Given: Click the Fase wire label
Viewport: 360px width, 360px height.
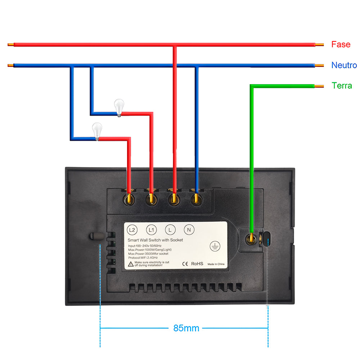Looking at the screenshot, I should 341,45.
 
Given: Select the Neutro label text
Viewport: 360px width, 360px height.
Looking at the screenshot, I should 344,65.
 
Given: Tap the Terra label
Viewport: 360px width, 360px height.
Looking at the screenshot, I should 342,86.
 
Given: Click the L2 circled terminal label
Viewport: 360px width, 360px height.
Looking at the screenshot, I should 132,230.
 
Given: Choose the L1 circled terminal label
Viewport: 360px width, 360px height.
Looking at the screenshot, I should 151,230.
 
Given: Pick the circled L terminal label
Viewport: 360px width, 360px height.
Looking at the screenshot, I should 170,230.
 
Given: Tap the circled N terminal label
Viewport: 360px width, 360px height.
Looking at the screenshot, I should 189,230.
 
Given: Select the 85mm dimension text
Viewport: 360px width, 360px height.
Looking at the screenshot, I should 186,328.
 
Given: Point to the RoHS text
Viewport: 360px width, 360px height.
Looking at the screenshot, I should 197,264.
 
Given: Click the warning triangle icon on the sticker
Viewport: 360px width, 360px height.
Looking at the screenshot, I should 130,264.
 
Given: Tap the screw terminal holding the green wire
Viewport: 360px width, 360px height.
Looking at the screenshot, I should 251,238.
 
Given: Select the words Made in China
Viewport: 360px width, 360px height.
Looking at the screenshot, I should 216,264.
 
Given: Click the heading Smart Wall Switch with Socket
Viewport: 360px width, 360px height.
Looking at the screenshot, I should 155,240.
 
